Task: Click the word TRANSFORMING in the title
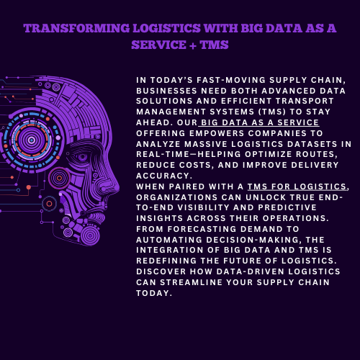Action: [x=76, y=28]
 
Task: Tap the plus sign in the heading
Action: [x=193, y=45]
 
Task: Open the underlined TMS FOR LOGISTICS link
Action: [x=297, y=186]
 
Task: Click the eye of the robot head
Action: [x=81, y=157]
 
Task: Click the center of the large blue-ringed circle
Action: [x=32, y=140]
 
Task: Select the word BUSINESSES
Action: [x=166, y=91]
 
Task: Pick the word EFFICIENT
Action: [x=246, y=101]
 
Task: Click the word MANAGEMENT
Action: [x=171, y=112]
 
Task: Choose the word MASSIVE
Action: [x=206, y=144]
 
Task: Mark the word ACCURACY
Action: [x=164, y=176]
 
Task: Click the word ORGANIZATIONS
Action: [x=177, y=197]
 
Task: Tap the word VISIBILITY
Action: [x=203, y=207]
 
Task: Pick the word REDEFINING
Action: [x=166, y=261]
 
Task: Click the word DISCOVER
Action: [x=161, y=271]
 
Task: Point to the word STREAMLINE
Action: [x=191, y=282]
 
